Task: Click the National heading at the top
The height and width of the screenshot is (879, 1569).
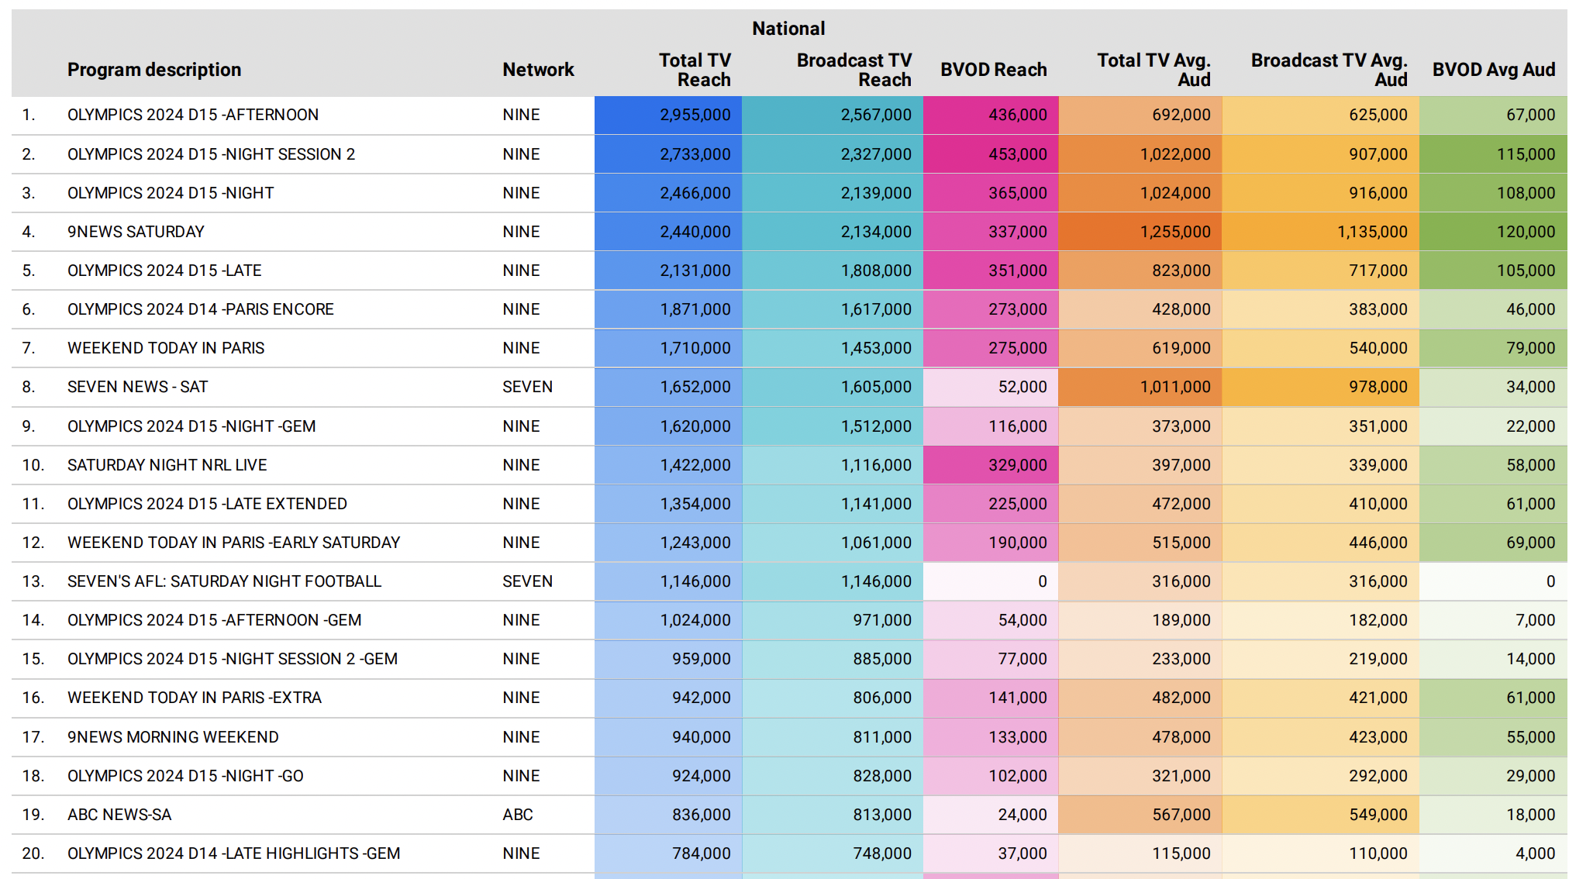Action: pyautogui.click(x=788, y=29)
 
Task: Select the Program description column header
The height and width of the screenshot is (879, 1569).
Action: pyautogui.click(x=154, y=70)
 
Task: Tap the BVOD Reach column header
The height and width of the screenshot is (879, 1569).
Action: pyautogui.click(x=994, y=70)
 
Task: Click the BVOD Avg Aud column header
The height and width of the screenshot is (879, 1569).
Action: pyautogui.click(x=1494, y=70)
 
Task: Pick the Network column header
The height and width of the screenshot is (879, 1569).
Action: pyautogui.click(x=538, y=70)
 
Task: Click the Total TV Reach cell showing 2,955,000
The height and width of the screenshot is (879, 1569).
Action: pyautogui.click(x=695, y=115)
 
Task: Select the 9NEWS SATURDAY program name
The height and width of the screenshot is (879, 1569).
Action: pyautogui.click(x=136, y=232)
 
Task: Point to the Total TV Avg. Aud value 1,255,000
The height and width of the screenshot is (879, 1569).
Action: pyautogui.click(x=1175, y=232)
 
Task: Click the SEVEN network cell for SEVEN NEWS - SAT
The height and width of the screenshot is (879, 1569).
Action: pyautogui.click(x=527, y=387)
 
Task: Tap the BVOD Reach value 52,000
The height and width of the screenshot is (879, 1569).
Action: pyautogui.click(x=1022, y=387)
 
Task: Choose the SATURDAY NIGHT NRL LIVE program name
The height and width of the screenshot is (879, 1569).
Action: pyautogui.click(x=167, y=465)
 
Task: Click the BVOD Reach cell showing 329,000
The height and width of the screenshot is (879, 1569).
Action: pyautogui.click(x=1018, y=465)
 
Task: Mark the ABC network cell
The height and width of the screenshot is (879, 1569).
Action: pyautogui.click(x=518, y=815)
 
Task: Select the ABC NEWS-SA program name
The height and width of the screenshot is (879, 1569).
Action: pyautogui.click(x=119, y=815)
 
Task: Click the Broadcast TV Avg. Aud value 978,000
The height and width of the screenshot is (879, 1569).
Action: pyautogui.click(x=1378, y=387)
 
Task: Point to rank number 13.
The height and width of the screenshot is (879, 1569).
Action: pyautogui.click(x=33, y=581)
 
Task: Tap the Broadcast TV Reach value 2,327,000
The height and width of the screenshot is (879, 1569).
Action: pyautogui.click(x=876, y=154)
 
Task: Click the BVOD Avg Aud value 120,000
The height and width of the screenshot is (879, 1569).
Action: pyautogui.click(x=1526, y=232)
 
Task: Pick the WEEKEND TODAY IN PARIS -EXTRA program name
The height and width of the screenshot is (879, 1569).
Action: pyautogui.click(x=195, y=698)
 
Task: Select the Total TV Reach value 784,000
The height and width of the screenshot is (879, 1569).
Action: pyautogui.click(x=702, y=853)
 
